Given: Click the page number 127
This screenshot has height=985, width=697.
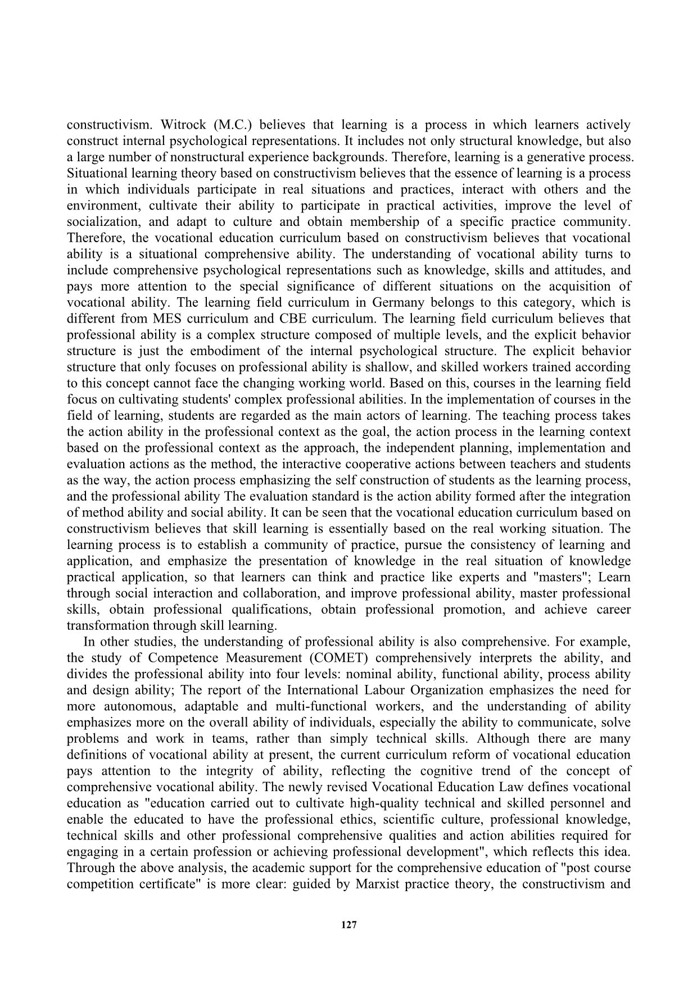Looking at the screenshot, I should click(x=348, y=925).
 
